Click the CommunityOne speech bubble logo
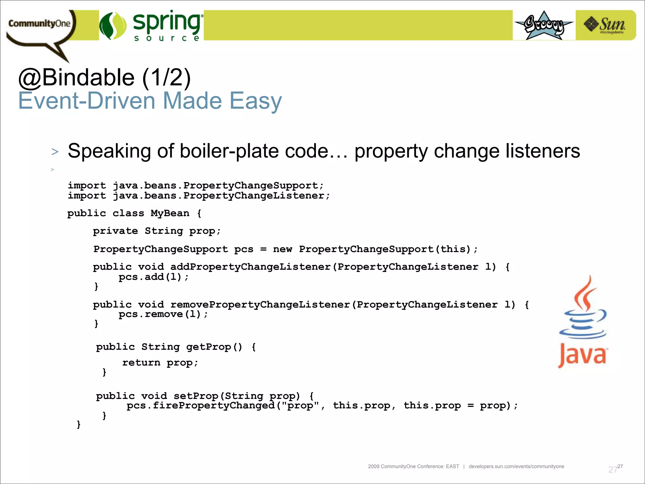[x=39, y=27]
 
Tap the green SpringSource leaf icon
[x=113, y=26]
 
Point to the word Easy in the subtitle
[x=255, y=101]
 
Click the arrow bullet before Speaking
[x=55, y=152]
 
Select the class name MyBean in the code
[x=170, y=213]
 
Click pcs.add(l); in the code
[x=153, y=277]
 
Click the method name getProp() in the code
[x=214, y=347]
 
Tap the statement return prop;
[x=160, y=363]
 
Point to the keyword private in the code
[x=115, y=231]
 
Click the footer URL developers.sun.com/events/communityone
[x=516, y=466]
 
